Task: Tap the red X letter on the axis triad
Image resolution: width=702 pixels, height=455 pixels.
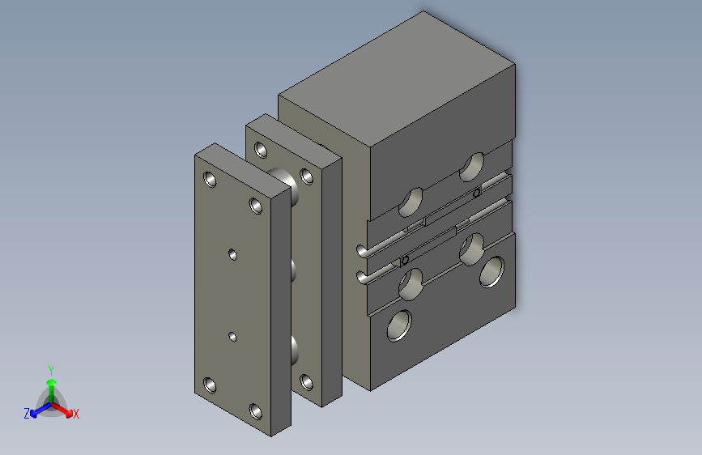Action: tap(76, 414)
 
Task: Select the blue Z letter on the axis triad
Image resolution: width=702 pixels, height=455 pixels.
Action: tap(27, 413)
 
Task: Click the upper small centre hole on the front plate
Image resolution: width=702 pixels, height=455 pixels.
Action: tap(232, 254)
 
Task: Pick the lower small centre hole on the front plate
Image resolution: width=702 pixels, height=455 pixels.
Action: tap(232, 335)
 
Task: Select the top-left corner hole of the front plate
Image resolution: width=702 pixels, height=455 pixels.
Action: tap(211, 179)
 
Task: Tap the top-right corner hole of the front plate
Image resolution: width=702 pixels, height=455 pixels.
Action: tap(256, 204)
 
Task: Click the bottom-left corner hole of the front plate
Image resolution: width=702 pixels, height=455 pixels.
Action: tap(211, 385)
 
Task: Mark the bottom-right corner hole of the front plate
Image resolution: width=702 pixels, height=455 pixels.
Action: tap(256, 410)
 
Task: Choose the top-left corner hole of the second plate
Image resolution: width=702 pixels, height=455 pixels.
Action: tap(260, 149)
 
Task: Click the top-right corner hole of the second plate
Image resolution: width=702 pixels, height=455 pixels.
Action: tap(306, 175)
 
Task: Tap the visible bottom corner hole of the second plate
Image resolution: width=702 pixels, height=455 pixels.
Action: tap(306, 381)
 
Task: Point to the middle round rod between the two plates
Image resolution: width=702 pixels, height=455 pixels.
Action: tap(294, 270)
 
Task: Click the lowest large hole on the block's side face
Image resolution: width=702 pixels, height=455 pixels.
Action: tap(399, 325)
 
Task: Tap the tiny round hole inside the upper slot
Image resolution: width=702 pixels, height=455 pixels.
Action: tap(477, 193)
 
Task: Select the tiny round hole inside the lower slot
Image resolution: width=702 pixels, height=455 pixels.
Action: tap(404, 260)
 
